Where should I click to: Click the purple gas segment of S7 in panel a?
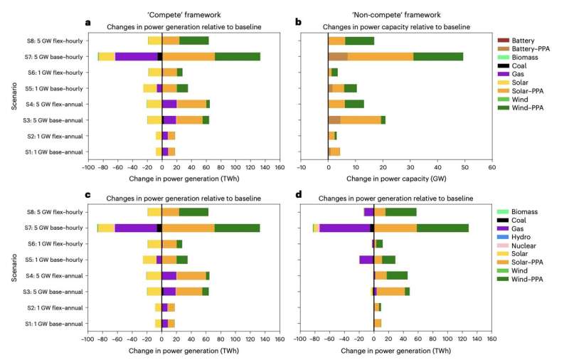tap(136, 56)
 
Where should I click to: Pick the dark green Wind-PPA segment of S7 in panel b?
tap(438, 56)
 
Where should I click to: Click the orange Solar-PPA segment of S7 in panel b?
tap(381, 56)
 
